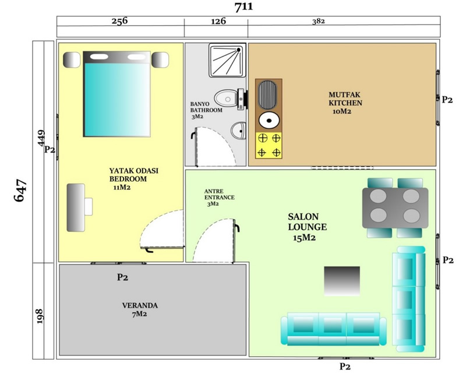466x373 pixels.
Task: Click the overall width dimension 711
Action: point(243,7)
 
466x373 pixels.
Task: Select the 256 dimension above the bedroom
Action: point(119,21)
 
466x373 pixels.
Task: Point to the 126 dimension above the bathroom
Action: point(218,21)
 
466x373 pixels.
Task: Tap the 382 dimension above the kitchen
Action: point(318,22)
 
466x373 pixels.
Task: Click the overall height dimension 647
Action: point(21,191)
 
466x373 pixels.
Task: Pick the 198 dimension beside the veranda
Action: point(40,316)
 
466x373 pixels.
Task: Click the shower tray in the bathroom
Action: point(227,61)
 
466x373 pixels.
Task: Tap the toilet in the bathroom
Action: point(231,99)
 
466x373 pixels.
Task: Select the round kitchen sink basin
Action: point(269,121)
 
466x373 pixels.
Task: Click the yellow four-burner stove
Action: point(269,146)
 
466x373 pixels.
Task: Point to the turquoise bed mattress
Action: point(117,99)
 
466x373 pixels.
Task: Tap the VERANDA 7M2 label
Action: point(140,309)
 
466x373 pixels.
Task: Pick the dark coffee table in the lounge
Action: point(342,281)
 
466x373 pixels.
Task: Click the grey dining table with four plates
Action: point(395,208)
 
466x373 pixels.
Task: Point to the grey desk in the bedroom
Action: point(76,207)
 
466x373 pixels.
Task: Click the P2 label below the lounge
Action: point(345,367)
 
